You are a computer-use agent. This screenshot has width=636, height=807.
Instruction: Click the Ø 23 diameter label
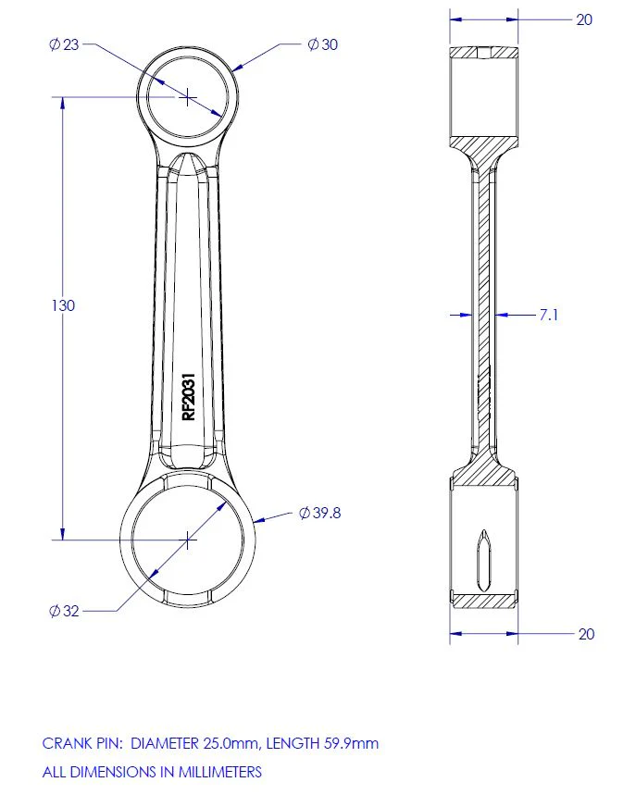tap(64, 44)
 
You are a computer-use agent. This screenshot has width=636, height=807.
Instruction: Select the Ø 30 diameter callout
tap(322, 44)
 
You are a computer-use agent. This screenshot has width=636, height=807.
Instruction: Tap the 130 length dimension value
tap(63, 305)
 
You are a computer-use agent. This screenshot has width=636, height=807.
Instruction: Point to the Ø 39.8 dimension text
tap(319, 513)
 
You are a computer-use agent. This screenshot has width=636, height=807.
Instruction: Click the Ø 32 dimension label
tap(64, 611)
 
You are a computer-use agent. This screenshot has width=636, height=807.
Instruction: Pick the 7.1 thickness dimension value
tap(548, 315)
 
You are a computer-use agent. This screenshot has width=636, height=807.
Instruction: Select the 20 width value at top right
tap(584, 19)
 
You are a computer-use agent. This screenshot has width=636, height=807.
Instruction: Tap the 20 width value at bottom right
tap(586, 634)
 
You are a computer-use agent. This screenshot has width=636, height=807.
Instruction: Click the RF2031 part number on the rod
tap(189, 396)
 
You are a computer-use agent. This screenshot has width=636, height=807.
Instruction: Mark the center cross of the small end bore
tap(188, 97)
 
